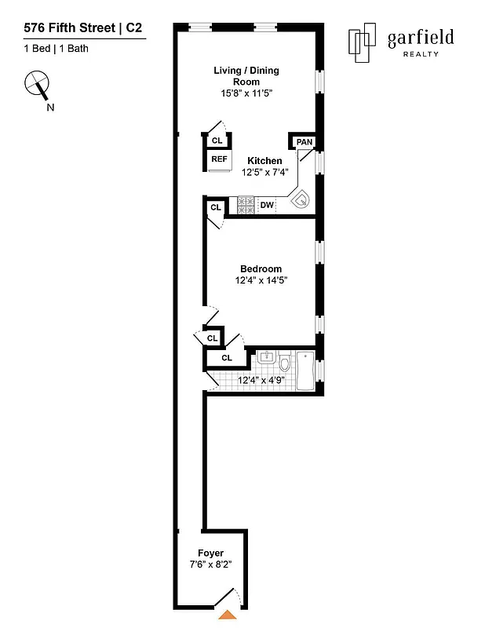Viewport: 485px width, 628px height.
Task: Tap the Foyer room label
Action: coord(210,553)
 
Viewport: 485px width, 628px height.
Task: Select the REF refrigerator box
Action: coord(219,159)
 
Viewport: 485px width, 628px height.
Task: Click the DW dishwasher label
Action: coord(267,206)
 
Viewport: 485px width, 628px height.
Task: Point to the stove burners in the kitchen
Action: coord(246,205)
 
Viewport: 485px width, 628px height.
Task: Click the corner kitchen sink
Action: coord(301,199)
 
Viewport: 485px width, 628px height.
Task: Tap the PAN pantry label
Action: coord(304,142)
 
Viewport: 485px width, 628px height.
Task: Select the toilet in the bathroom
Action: coord(285,362)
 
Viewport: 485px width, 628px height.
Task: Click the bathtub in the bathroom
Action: coord(305,371)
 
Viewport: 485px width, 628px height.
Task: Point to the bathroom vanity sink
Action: coord(266,357)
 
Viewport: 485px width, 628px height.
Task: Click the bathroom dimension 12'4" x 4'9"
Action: coord(261,380)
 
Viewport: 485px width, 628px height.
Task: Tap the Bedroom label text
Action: coord(261,268)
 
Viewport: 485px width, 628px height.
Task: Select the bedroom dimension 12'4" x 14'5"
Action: coord(261,280)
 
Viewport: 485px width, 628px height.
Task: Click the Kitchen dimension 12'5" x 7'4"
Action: coord(264,172)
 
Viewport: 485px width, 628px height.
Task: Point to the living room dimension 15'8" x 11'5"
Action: coord(246,93)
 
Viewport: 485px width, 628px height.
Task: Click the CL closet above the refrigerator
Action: coord(217,141)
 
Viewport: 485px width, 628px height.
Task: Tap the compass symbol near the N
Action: coord(37,84)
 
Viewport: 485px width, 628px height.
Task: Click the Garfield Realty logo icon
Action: coord(362,42)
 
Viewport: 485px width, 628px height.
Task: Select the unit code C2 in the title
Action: coord(133,27)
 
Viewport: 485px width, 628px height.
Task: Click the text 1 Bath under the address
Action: coord(74,49)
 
